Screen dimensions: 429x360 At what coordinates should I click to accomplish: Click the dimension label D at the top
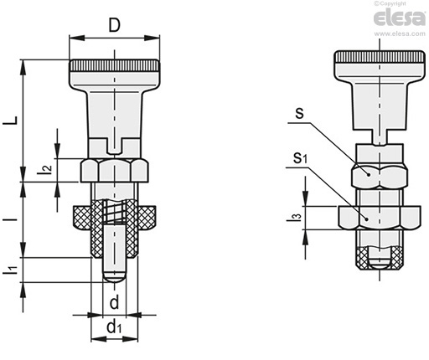click(x=114, y=25)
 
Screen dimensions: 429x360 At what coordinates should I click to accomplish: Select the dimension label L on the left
click(x=11, y=121)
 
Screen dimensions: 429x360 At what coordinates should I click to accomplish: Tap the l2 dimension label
click(x=44, y=170)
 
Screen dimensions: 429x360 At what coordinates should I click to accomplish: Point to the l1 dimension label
click(x=10, y=270)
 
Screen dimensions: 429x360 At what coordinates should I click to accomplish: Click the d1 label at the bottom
click(x=114, y=327)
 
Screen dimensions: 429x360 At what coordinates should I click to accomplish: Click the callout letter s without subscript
click(x=299, y=114)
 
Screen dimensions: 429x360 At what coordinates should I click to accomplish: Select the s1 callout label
click(x=300, y=158)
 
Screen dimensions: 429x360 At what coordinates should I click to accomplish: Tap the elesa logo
click(x=400, y=18)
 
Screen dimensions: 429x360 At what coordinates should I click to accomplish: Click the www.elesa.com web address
click(x=400, y=33)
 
